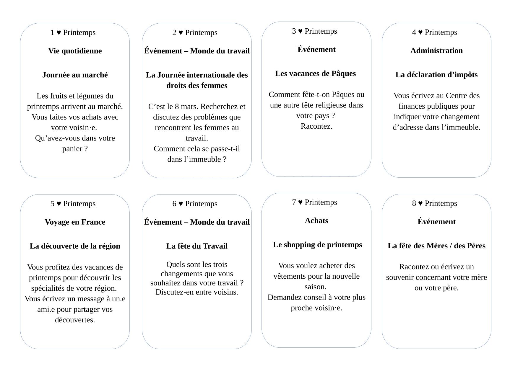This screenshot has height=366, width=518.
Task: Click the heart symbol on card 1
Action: point(59,32)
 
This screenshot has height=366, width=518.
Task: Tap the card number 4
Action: point(414,32)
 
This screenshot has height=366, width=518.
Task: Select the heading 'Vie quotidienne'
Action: point(75,51)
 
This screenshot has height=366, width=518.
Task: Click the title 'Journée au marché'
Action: point(75,75)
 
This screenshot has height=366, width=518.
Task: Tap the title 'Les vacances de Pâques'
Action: point(316,73)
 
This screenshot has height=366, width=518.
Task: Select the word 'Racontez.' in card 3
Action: point(316,126)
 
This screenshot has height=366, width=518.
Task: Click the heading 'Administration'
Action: point(436,50)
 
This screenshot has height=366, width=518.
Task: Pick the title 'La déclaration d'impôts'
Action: point(436,75)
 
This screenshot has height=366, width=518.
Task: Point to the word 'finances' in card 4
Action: point(413,106)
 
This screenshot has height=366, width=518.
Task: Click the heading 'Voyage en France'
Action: point(75,222)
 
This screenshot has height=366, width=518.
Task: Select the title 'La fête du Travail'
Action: point(197,246)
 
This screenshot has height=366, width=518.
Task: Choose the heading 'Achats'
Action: point(316,220)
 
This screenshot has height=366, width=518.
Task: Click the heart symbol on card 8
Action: point(420,203)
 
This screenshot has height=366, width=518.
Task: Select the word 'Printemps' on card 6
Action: point(201,204)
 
